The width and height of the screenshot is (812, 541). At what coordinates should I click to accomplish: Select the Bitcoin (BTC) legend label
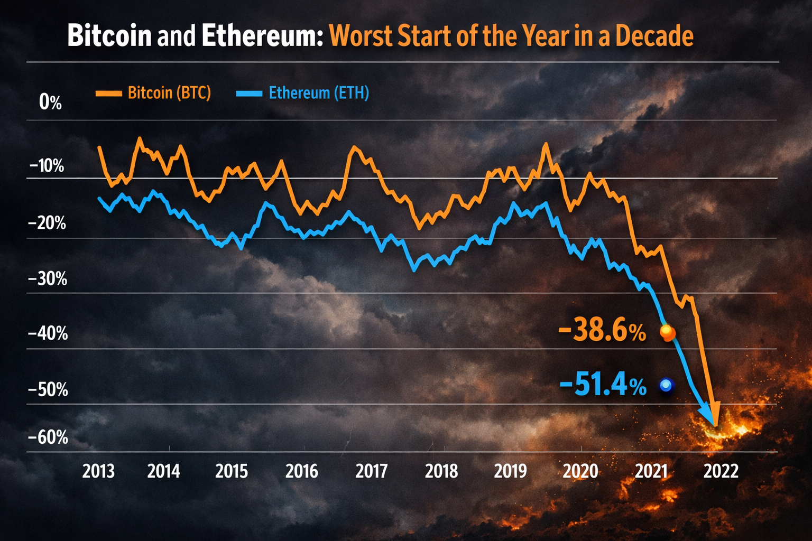pyautogui.click(x=169, y=93)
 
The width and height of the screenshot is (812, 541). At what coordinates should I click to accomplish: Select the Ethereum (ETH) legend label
pyautogui.click(x=319, y=93)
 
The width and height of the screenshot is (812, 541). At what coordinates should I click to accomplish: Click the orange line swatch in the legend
pyautogui.click(x=108, y=94)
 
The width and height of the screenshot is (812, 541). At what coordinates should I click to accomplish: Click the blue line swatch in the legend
pyautogui.click(x=249, y=94)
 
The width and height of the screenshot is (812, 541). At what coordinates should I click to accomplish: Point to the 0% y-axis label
pyautogui.click(x=50, y=102)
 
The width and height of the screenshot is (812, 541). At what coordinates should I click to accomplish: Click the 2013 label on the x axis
pyautogui.click(x=98, y=471)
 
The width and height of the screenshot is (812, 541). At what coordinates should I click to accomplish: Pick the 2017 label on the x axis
pyautogui.click(x=371, y=471)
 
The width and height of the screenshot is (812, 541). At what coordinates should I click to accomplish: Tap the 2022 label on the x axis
pyautogui.click(x=721, y=471)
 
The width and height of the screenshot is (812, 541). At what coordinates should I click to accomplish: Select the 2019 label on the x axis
pyautogui.click(x=510, y=471)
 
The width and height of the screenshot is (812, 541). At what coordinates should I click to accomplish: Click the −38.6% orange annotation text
pyautogui.click(x=602, y=332)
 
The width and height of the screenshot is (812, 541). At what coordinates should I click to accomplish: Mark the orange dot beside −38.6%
pyautogui.click(x=667, y=333)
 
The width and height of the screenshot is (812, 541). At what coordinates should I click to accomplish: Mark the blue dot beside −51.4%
pyautogui.click(x=666, y=386)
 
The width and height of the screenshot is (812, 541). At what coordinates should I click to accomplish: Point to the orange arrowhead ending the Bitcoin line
pyautogui.click(x=714, y=415)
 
